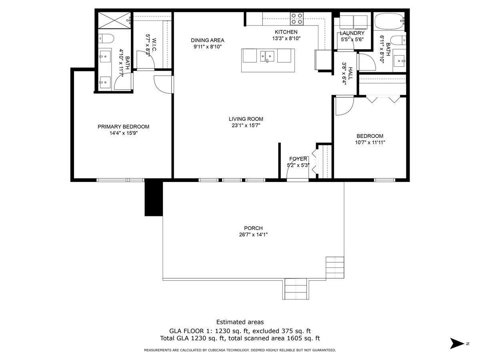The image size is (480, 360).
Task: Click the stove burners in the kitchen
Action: point(297,18)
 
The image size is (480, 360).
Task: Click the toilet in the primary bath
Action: point(106,38)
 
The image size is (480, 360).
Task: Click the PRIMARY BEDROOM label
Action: point(123,127)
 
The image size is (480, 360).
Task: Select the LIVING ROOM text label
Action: point(246,119)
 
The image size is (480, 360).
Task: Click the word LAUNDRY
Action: point(352,33)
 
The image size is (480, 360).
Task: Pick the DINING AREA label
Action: point(207,40)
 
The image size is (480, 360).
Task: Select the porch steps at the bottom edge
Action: point(296,288)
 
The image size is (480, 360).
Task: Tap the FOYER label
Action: point(298,159)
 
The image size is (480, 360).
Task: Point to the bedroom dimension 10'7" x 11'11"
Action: point(370,142)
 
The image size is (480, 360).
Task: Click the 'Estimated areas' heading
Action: point(240,322)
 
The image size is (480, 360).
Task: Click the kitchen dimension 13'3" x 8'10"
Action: point(286,38)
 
